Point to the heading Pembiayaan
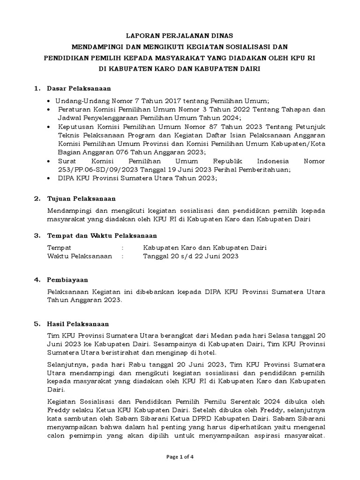(67, 280)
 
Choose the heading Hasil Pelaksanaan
(78, 324)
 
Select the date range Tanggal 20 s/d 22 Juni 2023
(191, 256)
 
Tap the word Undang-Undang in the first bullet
(78, 101)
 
